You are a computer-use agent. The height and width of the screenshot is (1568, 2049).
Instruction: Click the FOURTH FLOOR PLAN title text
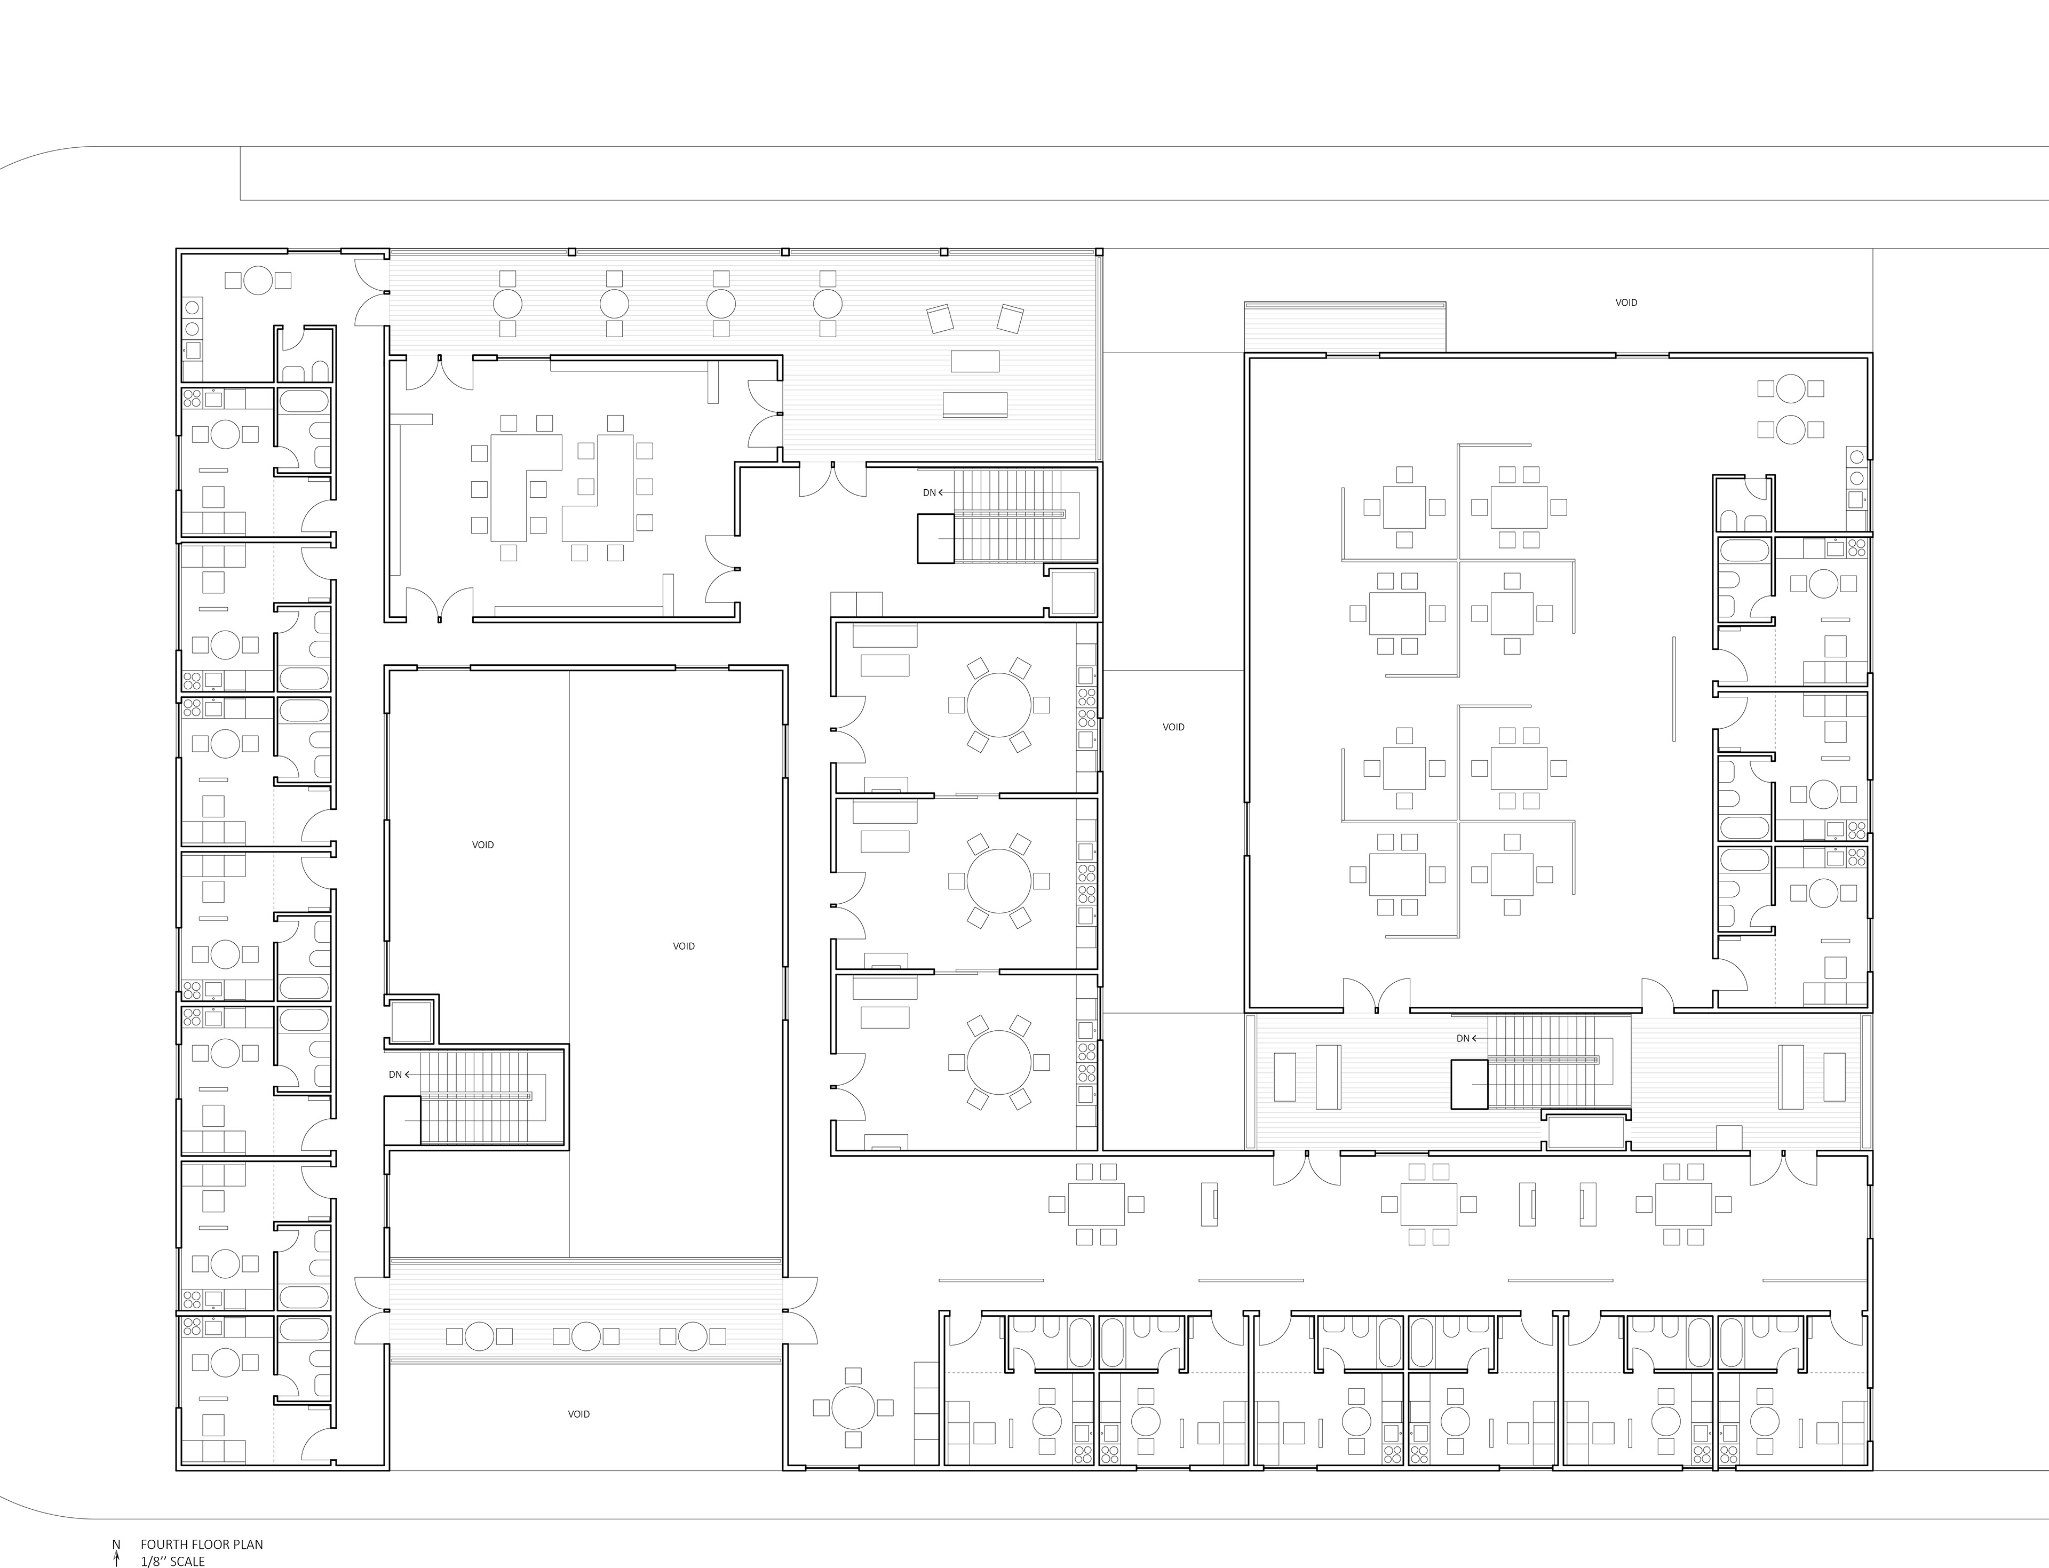[202, 1545]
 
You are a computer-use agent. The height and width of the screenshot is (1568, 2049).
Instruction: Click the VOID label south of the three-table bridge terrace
[579, 1414]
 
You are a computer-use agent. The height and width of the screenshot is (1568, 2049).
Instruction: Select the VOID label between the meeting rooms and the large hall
[1173, 727]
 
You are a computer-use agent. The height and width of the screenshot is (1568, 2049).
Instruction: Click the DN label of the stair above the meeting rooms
[929, 493]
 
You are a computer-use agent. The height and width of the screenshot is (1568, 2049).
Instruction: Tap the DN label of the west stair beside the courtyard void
[395, 1074]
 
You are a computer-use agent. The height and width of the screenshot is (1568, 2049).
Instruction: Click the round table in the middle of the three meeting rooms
[999, 880]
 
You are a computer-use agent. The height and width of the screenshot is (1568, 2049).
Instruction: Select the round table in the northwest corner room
[259, 280]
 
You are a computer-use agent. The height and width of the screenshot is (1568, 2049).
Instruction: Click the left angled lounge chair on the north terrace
[941, 319]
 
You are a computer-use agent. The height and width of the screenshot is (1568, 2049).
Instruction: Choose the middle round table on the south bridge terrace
[585, 1335]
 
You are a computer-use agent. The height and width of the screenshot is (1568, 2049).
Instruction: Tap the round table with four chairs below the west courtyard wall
[852, 1406]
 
